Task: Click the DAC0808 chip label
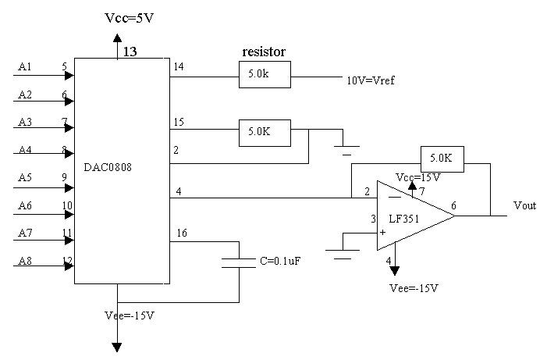tap(108, 167)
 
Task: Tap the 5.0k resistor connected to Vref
tap(265, 74)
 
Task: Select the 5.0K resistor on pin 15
tap(265, 133)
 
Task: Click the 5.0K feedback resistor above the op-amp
tap(442, 159)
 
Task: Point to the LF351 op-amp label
tap(404, 219)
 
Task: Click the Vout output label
tap(524, 205)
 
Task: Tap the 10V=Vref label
tap(371, 80)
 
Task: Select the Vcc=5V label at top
tap(129, 18)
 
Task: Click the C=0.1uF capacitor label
tap(280, 261)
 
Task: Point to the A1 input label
tap(25, 66)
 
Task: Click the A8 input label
tap(25, 261)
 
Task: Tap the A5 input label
tap(25, 177)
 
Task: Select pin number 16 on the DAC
tap(182, 233)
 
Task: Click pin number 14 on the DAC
tap(179, 66)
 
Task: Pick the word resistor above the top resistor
tap(264, 52)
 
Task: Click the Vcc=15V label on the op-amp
tap(418, 177)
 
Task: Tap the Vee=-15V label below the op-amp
tap(414, 288)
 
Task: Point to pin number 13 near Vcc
tap(130, 52)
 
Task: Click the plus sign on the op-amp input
tap(382, 232)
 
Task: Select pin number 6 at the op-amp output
tap(453, 205)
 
